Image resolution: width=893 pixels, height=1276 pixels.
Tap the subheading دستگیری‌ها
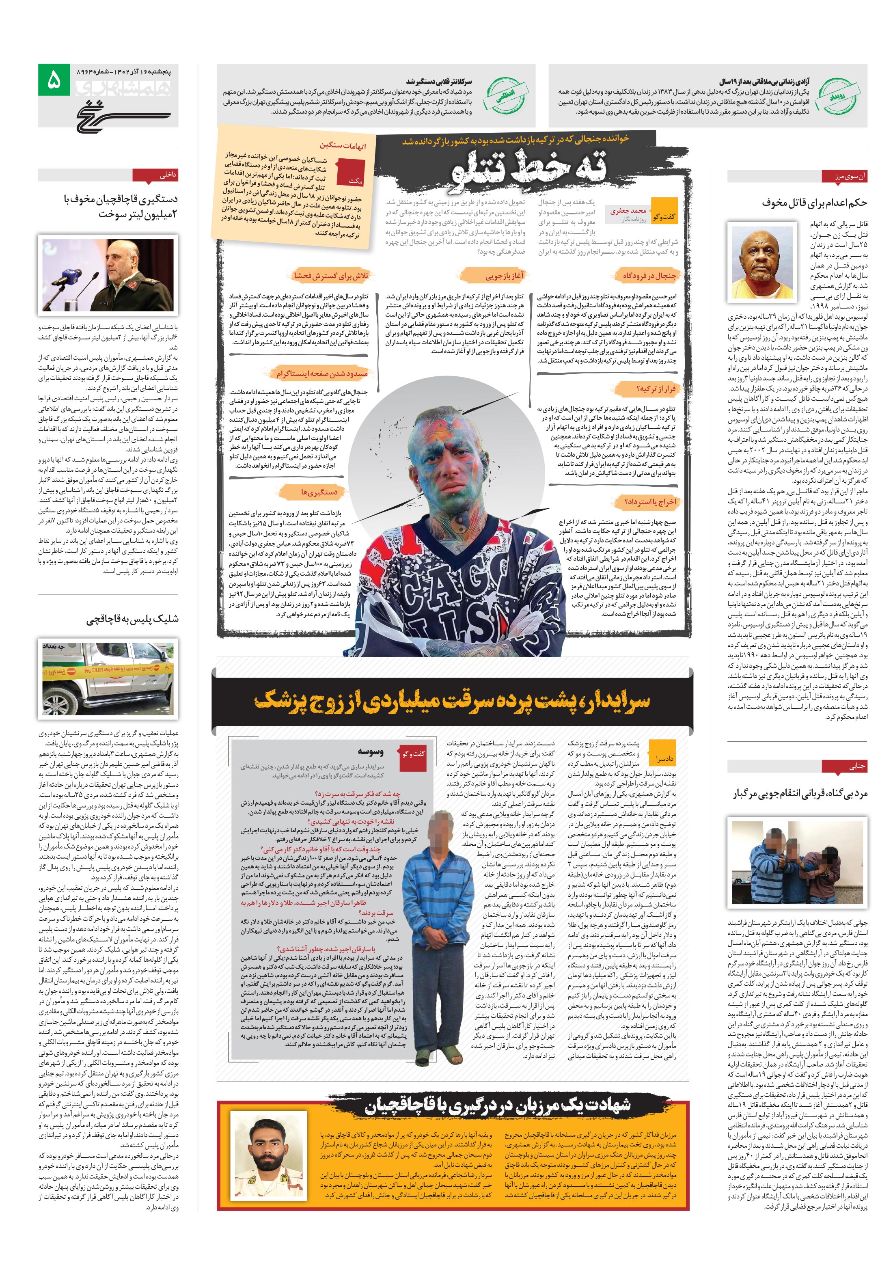point(319,492)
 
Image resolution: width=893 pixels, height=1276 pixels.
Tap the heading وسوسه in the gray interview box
point(370,752)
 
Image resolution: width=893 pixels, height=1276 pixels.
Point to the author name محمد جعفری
point(628,211)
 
